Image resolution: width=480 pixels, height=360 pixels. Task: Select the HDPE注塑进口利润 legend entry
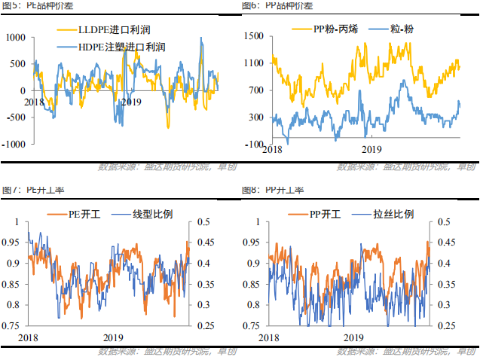pyautogui.click(x=121, y=46)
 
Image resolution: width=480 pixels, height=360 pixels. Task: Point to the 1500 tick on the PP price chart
pyautogui.click(x=253, y=36)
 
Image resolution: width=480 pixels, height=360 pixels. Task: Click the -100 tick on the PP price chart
pyautogui.click(x=254, y=144)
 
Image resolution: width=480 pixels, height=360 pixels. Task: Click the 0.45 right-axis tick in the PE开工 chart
pyautogui.click(x=203, y=243)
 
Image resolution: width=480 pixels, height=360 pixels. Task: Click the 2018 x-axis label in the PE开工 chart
pyautogui.click(x=28, y=337)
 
